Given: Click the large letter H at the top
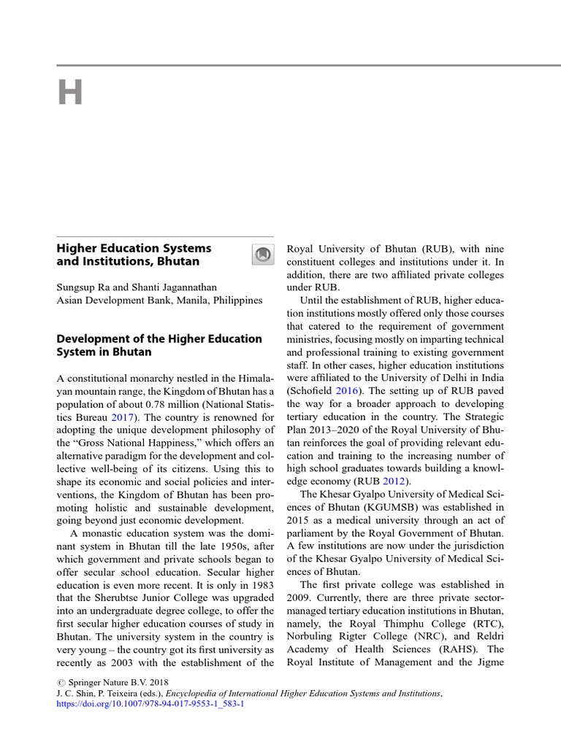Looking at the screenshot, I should (x=71, y=93).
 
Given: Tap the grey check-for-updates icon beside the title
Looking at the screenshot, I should (x=262, y=254).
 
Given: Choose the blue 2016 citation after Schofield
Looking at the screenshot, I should (x=348, y=391).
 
